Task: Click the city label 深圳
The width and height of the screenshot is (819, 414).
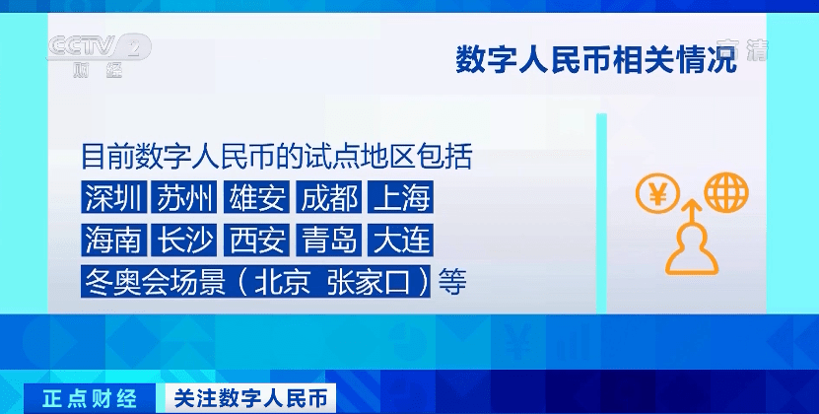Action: click(113, 198)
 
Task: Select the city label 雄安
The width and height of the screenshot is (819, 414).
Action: click(257, 198)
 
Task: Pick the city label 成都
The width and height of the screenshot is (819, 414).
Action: click(329, 198)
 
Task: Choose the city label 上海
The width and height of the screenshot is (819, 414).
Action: click(401, 198)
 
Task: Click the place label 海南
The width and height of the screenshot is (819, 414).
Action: click(113, 240)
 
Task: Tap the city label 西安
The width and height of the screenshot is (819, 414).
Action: click(257, 240)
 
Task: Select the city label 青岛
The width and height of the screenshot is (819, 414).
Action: click(329, 240)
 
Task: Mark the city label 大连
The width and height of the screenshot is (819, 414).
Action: click(401, 240)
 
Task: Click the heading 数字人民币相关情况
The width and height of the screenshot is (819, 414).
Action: click(595, 58)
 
